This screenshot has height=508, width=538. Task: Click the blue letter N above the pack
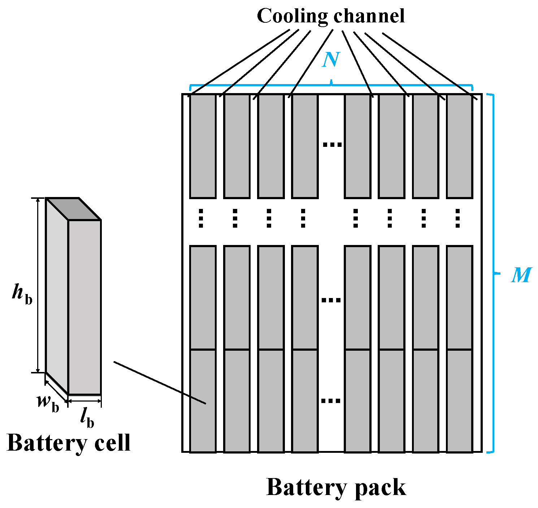[x=331, y=60]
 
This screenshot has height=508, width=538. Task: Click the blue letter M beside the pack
[x=521, y=275]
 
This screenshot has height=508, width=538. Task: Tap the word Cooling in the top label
[x=292, y=16]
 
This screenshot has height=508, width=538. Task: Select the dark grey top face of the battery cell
[x=73, y=209]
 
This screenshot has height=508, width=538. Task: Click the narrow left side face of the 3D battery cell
[x=57, y=296]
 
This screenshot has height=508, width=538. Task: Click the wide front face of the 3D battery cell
[x=84, y=307]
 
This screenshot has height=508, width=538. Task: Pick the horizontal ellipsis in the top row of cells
[x=332, y=145]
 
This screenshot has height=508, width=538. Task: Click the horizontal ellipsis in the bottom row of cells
[x=331, y=400]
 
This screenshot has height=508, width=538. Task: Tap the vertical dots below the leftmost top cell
[x=201, y=218]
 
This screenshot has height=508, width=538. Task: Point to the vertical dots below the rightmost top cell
[x=457, y=218]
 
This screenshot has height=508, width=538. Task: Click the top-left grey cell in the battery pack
[x=203, y=146]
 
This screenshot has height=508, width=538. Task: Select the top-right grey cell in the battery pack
[x=459, y=146]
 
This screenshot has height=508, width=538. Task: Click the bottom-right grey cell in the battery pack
[x=459, y=400]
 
